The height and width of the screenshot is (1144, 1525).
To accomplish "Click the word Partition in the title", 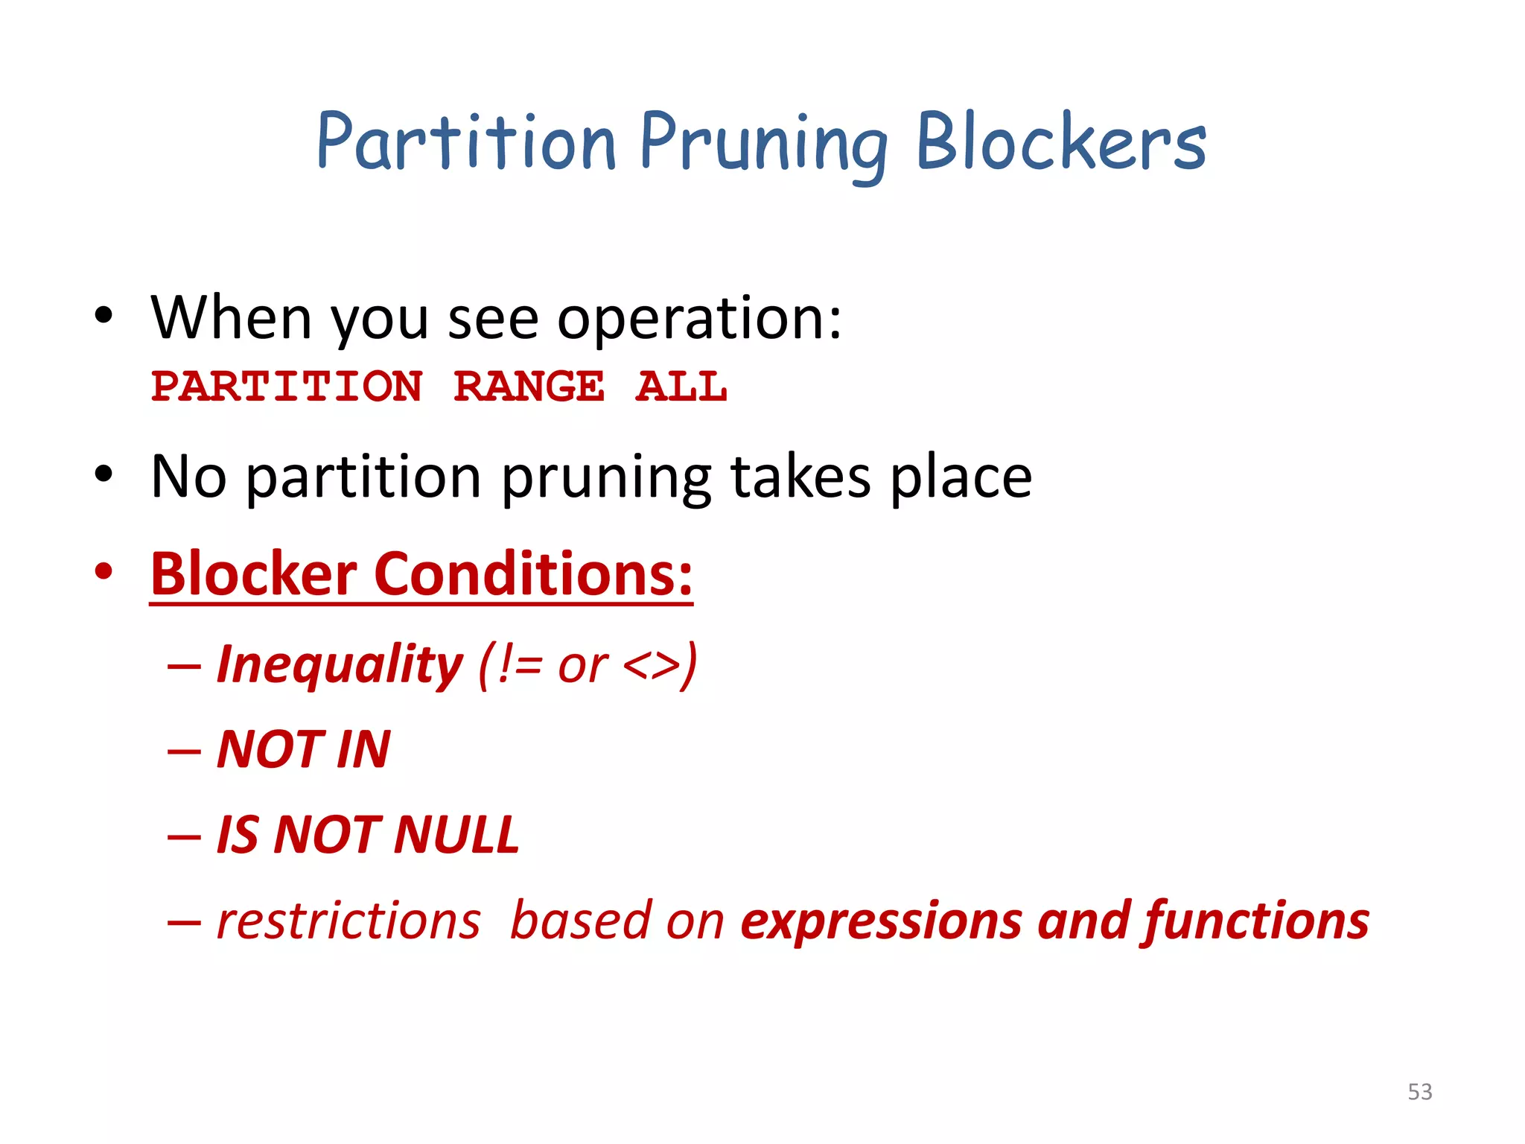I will point(466,142).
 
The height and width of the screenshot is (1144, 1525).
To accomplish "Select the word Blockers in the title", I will point(1060,142).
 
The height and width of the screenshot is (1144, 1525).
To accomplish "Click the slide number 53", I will point(1419,1092).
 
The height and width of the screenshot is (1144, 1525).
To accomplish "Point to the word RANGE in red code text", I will point(529,387).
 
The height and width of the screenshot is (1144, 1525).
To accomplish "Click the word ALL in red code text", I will point(681,387).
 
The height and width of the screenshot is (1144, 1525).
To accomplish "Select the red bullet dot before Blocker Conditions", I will point(104,572).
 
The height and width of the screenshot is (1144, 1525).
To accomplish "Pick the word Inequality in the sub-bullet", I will point(340,664).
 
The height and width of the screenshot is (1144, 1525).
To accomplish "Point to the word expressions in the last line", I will point(882,922).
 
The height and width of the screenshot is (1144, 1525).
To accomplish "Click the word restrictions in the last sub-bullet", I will point(348,921).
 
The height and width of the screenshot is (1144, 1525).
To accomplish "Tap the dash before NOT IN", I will point(184,751).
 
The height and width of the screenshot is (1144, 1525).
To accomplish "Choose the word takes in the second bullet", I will point(800,477).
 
